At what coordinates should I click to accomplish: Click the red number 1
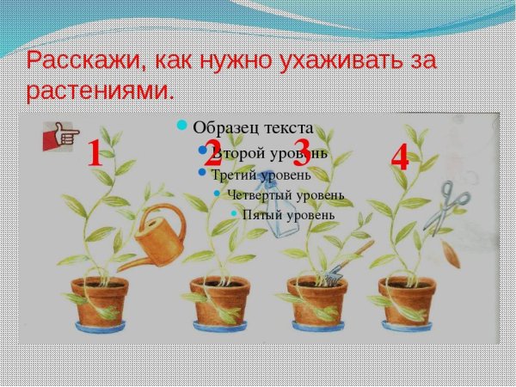point(95,155)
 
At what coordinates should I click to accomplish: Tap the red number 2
point(212,155)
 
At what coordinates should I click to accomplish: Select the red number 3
point(302,153)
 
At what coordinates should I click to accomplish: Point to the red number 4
point(399,158)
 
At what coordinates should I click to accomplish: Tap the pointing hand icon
point(61,136)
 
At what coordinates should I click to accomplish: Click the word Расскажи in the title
point(80,61)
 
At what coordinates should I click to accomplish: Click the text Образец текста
point(252,127)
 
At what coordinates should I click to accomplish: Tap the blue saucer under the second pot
point(219,327)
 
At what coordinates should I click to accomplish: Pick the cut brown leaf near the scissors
point(450,255)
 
